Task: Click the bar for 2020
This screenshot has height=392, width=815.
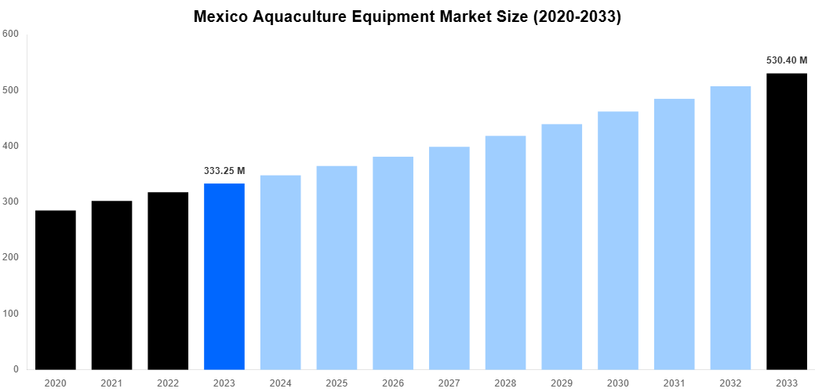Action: pyautogui.click(x=56, y=289)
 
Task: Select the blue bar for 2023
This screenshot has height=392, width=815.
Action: pyautogui.click(x=224, y=276)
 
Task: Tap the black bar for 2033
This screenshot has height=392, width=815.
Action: pyautogui.click(x=787, y=221)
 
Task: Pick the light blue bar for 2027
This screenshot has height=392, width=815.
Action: pyautogui.click(x=449, y=258)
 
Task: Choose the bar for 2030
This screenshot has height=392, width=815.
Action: pyautogui.click(x=618, y=240)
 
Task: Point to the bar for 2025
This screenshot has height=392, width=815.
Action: pyautogui.click(x=337, y=267)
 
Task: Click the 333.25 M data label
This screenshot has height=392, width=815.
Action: pyautogui.click(x=224, y=171)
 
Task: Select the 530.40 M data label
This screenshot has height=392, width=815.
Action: pyautogui.click(x=787, y=60)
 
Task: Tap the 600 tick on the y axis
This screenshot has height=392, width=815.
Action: pyautogui.click(x=10, y=34)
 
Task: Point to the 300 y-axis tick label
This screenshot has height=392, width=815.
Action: pyautogui.click(x=10, y=201)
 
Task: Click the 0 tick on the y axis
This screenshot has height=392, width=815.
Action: pyautogui.click(x=16, y=369)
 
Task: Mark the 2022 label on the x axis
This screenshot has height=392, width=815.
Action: pyautogui.click(x=168, y=382)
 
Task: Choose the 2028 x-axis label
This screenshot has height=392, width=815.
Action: pyautogui.click(x=505, y=382)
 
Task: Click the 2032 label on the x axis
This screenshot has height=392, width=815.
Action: pyautogui.click(x=730, y=382)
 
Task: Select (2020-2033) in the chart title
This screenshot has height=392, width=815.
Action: pyautogui.click(x=577, y=17)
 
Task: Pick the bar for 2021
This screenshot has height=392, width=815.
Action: pyautogui.click(x=111, y=285)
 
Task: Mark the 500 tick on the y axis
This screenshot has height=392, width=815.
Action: pyautogui.click(x=10, y=90)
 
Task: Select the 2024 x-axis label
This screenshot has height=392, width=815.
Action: pyautogui.click(x=280, y=382)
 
